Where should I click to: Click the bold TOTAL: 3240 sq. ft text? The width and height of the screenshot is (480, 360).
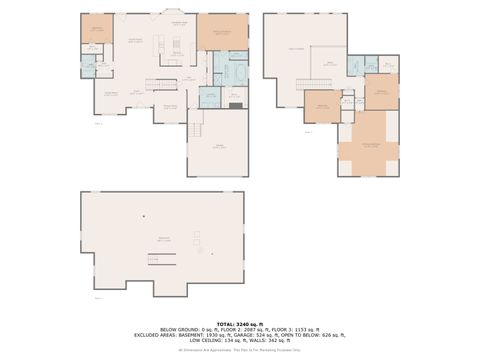240,324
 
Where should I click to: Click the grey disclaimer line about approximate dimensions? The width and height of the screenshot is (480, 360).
240,349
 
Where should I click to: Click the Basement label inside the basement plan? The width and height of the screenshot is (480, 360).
162,238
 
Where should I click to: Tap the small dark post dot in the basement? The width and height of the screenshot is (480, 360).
143,216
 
